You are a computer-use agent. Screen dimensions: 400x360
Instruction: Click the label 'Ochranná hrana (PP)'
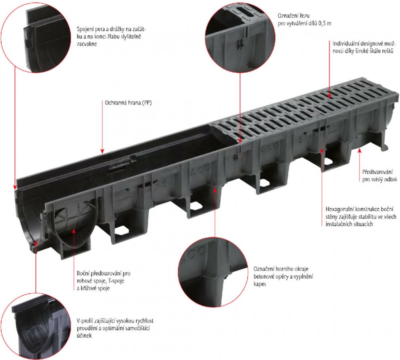(x=128, y=103)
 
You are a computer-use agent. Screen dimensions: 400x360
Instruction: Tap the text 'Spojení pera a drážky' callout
(x=111, y=36)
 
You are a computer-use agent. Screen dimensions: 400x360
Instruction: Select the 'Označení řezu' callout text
(x=304, y=20)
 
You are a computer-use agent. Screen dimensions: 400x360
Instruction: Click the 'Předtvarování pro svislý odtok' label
(x=379, y=176)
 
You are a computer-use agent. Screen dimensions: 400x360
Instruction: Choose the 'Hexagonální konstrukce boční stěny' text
(x=361, y=217)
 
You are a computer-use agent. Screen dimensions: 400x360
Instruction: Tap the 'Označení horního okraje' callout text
(x=283, y=276)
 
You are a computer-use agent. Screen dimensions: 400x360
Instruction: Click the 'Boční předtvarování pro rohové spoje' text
(x=103, y=281)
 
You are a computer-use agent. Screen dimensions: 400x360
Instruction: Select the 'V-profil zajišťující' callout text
(x=115, y=328)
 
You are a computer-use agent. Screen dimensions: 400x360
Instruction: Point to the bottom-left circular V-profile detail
(x=36, y=326)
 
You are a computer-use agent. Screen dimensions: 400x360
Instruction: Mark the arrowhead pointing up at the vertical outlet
(x=360, y=151)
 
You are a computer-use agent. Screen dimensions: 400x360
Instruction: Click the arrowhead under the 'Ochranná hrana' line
(x=102, y=151)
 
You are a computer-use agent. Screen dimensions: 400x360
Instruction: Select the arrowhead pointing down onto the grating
(x=329, y=96)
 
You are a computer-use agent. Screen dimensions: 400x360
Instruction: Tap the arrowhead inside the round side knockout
(x=74, y=231)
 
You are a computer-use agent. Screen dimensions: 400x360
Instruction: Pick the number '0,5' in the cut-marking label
(x=322, y=24)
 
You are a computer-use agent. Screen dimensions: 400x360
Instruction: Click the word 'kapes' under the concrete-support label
(x=260, y=284)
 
